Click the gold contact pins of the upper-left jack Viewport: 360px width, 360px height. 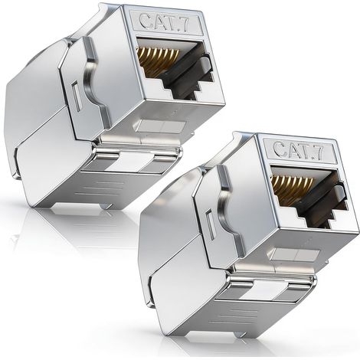[x=158, y=61]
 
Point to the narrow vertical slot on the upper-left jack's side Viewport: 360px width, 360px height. [x=76, y=97]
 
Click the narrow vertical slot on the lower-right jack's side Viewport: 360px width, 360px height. [x=210, y=224]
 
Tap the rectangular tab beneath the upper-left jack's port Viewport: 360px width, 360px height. [x=162, y=126]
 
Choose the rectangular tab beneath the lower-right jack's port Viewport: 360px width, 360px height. [x=296, y=255]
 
